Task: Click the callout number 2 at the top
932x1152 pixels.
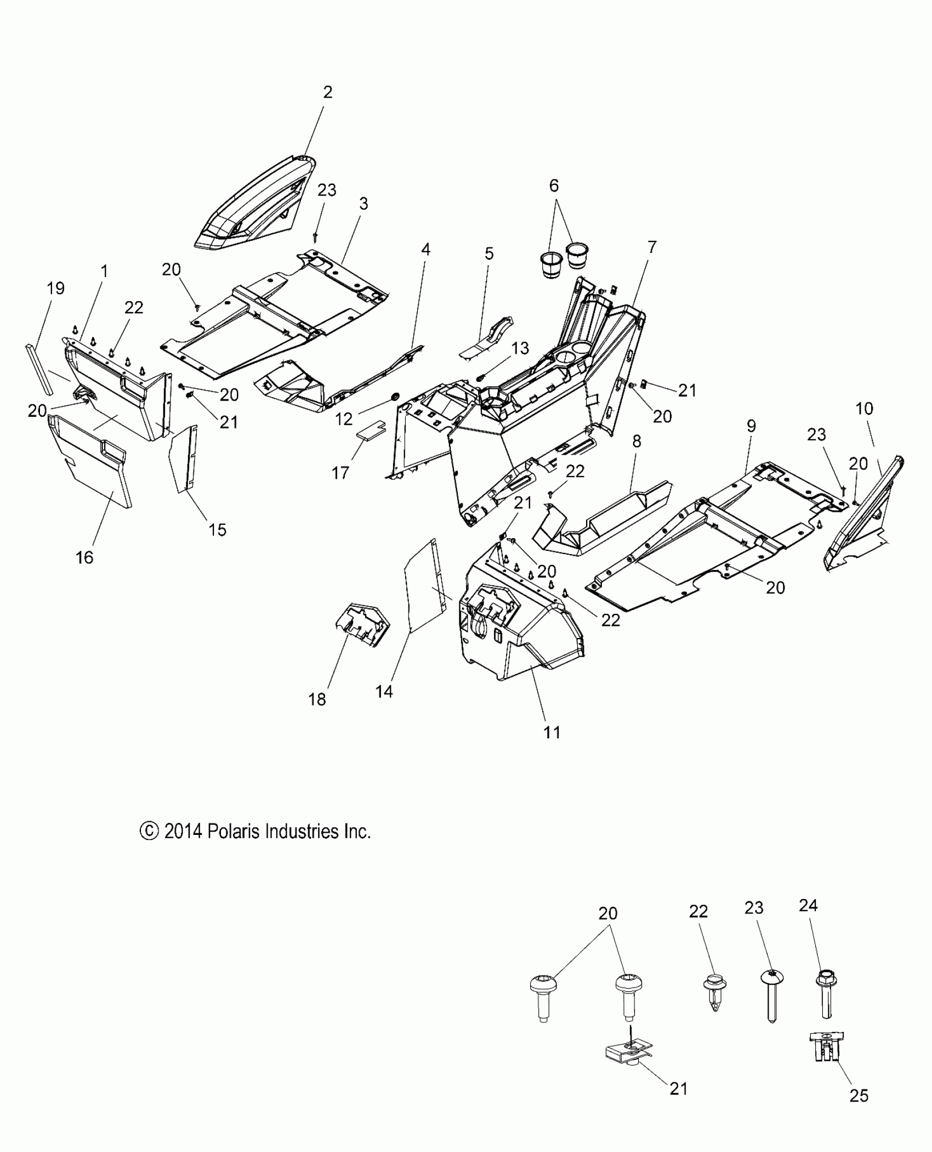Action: point(327,92)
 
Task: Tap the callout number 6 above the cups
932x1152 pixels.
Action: point(554,186)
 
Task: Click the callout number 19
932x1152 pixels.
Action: point(55,288)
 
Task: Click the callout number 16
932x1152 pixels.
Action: point(84,557)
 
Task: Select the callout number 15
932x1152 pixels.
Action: point(217,529)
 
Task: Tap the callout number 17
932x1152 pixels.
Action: point(340,472)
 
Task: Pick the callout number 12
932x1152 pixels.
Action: point(344,419)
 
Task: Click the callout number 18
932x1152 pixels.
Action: point(317,699)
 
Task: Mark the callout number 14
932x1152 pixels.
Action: point(384,691)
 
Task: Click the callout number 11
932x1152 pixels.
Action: point(552,732)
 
